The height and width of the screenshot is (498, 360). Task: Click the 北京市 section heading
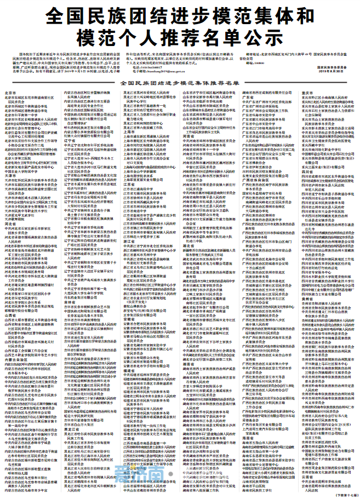10,93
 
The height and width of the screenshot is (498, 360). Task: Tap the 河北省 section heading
10,224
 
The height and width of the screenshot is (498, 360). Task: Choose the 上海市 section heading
129,132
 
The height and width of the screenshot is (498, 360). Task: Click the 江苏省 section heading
129,185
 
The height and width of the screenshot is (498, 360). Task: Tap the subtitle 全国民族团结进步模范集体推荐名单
180,83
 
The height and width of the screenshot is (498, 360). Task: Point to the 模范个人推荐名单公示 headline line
180,38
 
